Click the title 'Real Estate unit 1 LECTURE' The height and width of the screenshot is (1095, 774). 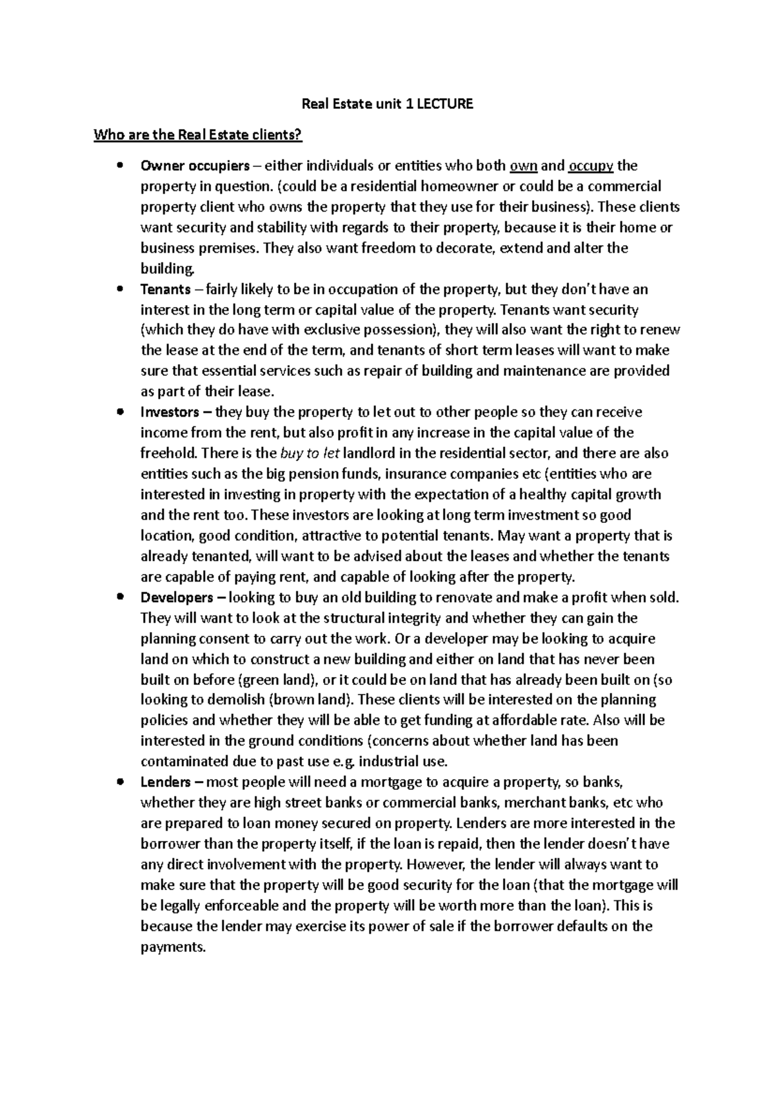388,104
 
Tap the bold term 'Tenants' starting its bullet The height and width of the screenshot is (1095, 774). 165,290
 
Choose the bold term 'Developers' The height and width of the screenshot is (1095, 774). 176,598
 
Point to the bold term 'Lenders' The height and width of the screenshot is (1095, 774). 165,783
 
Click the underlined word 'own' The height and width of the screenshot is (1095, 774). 523,166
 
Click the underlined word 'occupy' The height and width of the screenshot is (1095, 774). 590,166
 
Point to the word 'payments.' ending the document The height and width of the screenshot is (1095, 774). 173,947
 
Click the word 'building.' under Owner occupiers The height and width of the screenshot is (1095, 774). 166,269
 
